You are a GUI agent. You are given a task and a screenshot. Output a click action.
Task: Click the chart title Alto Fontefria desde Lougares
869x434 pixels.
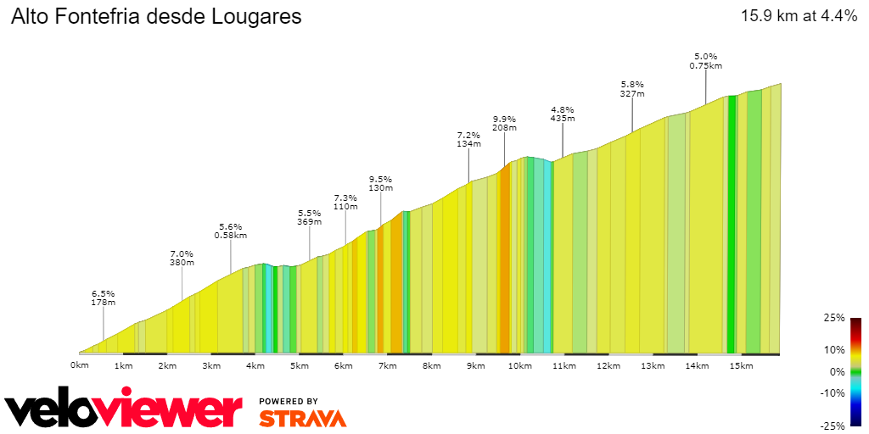(x=156, y=17)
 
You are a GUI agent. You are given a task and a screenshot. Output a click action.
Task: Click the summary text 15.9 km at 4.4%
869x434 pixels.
(x=799, y=16)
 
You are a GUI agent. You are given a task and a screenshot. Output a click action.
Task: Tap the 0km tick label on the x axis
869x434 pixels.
(x=79, y=366)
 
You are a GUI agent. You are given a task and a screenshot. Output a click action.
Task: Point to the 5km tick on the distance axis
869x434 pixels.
(x=299, y=366)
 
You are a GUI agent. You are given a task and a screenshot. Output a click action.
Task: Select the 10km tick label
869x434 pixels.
(x=519, y=366)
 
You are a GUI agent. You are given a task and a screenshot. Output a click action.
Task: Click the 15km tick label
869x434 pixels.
(x=740, y=366)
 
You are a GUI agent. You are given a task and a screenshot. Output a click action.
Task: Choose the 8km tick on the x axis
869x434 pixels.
(x=431, y=366)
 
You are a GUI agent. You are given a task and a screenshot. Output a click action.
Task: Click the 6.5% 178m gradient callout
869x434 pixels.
(x=104, y=298)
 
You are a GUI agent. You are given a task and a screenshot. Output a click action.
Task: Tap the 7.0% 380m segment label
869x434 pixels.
(x=182, y=258)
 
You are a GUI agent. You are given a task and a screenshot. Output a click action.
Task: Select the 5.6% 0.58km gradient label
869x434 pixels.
(x=231, y=231)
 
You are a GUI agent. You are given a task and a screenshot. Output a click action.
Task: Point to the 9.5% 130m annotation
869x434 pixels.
(x=380, y=183)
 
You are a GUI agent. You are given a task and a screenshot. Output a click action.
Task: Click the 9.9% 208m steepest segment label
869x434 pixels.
(x=504, y=123)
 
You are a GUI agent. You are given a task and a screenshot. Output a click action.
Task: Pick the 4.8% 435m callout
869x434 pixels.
(x=563, y=114)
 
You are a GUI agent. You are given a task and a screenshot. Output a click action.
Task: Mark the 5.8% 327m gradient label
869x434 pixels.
(x=632, y=89)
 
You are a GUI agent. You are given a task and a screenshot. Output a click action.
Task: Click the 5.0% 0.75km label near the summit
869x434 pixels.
(x=705, y=61)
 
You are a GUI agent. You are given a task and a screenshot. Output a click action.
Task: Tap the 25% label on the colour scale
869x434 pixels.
(x=835, y=318)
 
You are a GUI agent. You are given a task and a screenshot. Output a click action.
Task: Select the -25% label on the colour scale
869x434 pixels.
(x=833, y=426)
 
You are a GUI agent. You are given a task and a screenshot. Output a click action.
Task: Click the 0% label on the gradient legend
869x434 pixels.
(x=838, y=371)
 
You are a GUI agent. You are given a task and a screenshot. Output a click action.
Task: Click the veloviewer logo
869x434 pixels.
(x=124, y=411)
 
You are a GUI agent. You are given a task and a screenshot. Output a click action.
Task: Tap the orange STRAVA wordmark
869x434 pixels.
(x=302, y=419)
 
